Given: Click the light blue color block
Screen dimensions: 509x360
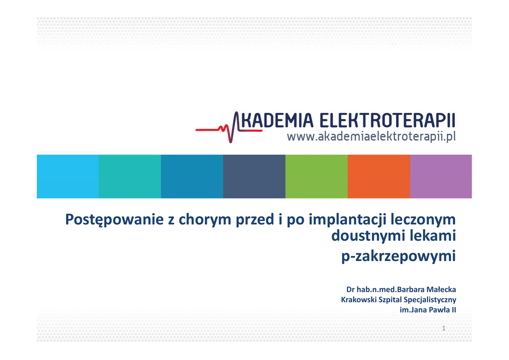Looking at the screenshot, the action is [x=68, y=176].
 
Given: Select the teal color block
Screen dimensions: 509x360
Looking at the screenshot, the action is [x=130, y=176].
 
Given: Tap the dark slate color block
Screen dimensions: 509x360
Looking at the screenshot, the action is [x=254, y=176].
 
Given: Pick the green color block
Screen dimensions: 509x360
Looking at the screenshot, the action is [x=317, y=176].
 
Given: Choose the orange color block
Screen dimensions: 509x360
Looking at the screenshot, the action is [x=379, y=176].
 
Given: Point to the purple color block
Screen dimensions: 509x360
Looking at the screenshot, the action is [x=441, y=176].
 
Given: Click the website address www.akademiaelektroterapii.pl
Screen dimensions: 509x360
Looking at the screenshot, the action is [x=371, y=137].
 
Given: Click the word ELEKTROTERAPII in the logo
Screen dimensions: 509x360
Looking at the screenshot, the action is [x=387, y=120].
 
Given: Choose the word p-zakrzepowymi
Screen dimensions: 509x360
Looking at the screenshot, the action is [x=399, y=256].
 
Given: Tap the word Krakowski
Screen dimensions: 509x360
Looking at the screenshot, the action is [x=358, y=300].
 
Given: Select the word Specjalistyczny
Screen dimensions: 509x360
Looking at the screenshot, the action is [x=430, y=300].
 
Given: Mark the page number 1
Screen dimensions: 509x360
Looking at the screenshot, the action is [x=444, y=328].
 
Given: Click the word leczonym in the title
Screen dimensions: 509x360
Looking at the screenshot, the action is [x=423, y=220].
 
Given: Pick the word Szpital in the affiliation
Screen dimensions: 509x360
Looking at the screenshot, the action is [x=390, y=300].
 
